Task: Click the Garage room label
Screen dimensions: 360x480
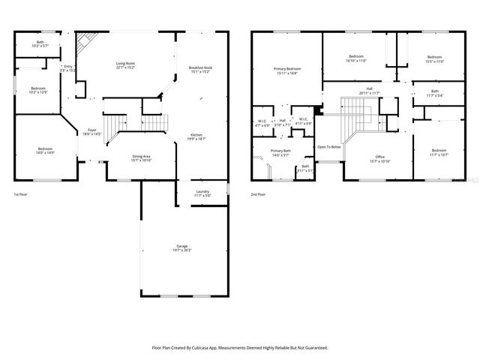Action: (x=182, y=247)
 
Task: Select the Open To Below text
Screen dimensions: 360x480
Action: (x=328, y=147)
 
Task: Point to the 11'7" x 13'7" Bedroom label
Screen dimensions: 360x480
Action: (x=439, y=151)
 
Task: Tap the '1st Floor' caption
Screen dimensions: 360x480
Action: (x=21, y=195)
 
